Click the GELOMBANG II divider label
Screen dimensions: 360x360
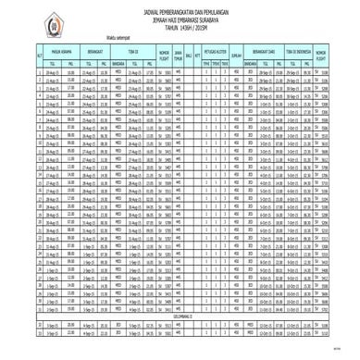(x=181, y=317)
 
